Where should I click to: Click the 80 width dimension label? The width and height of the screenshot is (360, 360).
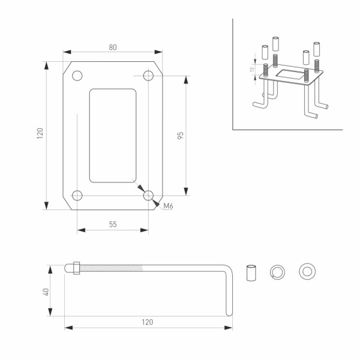pos(113,48)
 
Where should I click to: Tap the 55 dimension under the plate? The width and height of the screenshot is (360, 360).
pos(113,224)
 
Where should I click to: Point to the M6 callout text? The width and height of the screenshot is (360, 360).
pos(169,206)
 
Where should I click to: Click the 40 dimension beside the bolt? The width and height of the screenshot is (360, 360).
pos(46,292)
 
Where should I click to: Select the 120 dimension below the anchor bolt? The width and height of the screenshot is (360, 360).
pos(148,322)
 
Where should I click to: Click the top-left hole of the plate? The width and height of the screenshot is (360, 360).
pos(77,76)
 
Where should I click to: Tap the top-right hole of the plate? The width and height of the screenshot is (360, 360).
pos(148,76)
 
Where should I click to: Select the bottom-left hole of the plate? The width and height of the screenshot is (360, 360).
pos(77,195)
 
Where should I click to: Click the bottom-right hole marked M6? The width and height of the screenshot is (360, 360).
pos(148,195)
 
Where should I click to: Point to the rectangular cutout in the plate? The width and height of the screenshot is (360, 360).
pos(113,136)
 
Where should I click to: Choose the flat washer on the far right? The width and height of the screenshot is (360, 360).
pos(307,272)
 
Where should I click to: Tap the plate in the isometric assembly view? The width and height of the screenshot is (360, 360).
pos(292,76)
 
